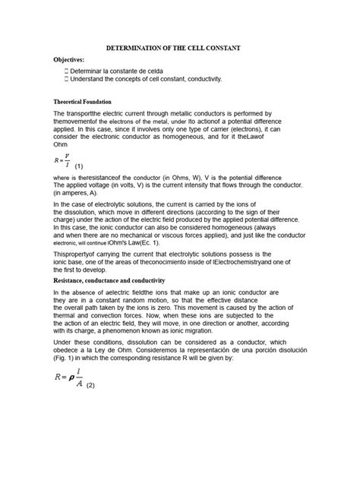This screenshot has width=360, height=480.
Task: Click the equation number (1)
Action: [x=78, y=166]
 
